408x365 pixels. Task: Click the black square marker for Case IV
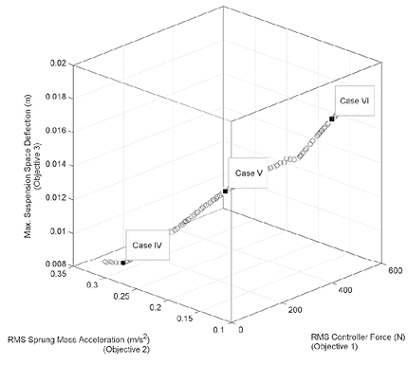123,262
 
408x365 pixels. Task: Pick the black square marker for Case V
225,192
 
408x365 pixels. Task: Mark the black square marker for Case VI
331,119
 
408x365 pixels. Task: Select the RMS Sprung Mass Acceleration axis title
91,339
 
